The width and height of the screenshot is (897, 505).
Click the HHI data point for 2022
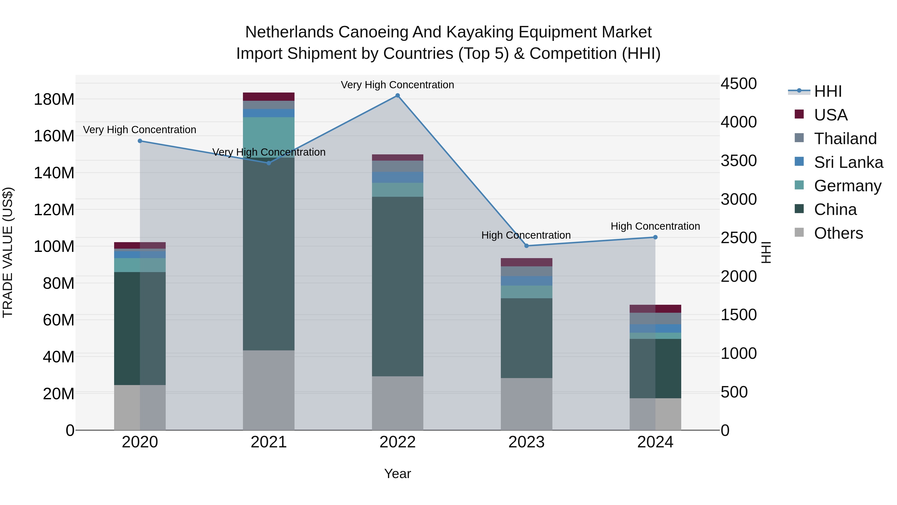click(x=397, y=96)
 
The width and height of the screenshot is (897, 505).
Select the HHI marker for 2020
click(x=140, y=141)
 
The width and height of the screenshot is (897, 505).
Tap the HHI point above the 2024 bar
click(x=655, y=237)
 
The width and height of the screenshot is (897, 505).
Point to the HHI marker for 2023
click(x=526, y=246)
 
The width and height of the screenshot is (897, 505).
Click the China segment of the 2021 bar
click(x=268, y=254)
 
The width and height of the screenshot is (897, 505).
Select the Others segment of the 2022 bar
click(x=397, y=403)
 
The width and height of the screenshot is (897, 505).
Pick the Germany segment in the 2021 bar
click(x=268, y=137)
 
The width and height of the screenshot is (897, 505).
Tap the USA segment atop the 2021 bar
click(x=268, y=97)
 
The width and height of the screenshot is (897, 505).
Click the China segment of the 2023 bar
click(x=526, y=338)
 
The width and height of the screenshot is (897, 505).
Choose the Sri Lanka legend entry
click(x=848, y=162)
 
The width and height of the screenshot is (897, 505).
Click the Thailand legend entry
click(x=845, y=139)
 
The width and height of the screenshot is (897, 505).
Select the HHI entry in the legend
click(x=828, y=91)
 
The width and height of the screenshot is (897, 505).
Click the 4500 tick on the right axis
click(x=738, y=84)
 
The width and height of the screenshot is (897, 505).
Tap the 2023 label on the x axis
click(x=526, y=442)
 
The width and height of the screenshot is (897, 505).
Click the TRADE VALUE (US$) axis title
click(x=8, y=252)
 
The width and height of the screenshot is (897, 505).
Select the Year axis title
click(x=397, y=474)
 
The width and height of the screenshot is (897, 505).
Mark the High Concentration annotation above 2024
click(x=655, y=226)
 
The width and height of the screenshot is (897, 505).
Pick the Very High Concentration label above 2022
click(x=397, y=85)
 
